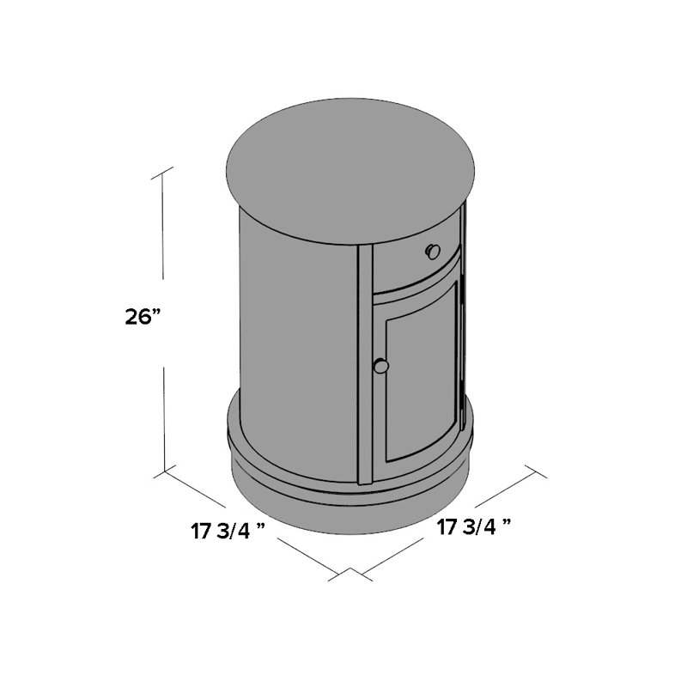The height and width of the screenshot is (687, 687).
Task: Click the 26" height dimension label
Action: coord(142,316)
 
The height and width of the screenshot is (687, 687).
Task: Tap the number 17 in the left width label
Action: coord(201,531)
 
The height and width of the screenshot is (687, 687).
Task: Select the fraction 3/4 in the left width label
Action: coord(233,531)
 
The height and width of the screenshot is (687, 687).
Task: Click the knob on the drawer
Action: coord(433,251)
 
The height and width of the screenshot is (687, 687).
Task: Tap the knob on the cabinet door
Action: coord(381,367)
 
